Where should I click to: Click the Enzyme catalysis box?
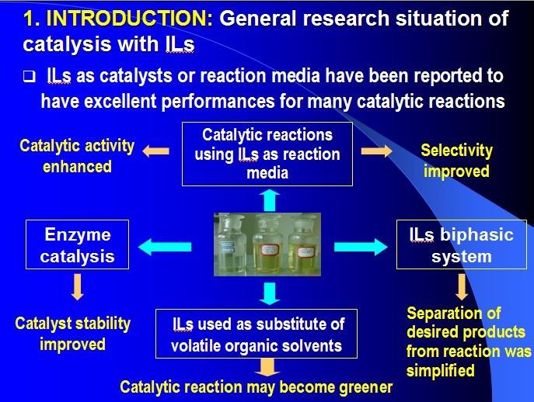[77, 246]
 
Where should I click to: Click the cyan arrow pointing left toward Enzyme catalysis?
[166, 247]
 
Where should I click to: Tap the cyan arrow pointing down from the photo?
[268, 293]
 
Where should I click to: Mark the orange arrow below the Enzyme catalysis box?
[77, 288]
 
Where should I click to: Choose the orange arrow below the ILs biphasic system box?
[462, 286]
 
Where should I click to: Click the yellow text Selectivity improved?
[456, 160]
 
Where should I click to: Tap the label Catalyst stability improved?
[73, 332]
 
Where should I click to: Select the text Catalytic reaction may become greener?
[256, 386]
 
